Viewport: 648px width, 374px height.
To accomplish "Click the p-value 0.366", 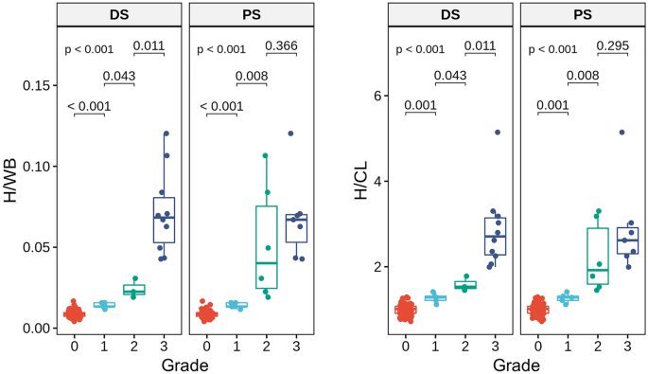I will tap(281, 45).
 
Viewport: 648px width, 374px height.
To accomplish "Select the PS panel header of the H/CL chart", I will tap(582, 14).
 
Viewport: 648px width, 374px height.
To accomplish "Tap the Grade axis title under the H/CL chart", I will tap(516, 364).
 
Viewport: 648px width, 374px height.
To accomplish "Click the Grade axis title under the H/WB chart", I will tap(184, 364).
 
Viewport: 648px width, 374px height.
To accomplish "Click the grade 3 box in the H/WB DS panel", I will tap(165, 220).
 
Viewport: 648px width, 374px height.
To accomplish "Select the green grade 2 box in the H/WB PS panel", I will tap(267, 247).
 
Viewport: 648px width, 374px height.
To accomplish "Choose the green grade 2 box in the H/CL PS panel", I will tap(598, 256).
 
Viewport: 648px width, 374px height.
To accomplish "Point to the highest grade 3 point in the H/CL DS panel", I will tap(497, 132).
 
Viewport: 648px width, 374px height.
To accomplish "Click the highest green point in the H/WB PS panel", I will tap(266, 155).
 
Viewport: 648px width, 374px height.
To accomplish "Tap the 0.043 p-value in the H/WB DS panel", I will tap(119, 76).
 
